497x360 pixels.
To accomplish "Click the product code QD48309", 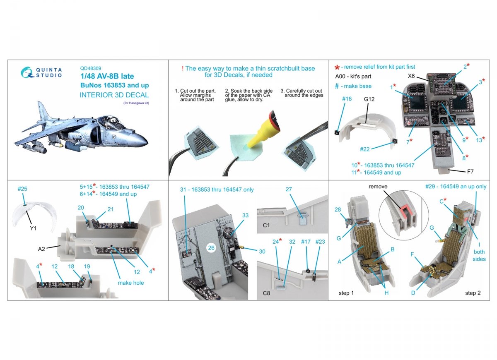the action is pyautogui.click(x=91, y=69).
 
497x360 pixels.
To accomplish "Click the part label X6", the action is pyautogui.click(x=411, y=76).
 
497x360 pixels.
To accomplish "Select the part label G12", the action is pyautogui.click(x=369, y=99).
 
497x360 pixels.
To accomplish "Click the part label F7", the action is pyautogui.click(x=470, y=172).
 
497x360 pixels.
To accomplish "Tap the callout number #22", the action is pyautogui.click(x=365, y=149).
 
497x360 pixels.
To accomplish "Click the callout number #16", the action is pyautogui.click(x=347, y=99).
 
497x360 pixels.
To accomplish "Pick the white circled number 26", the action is pyautogui.click(x=211, y=247).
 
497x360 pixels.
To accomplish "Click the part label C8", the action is pyautogui.click(x=266, y=293).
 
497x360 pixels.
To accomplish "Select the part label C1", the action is pyautogui.click(x=266, y=225).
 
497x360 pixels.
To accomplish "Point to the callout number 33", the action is pyautogui.click(x=245, y=215).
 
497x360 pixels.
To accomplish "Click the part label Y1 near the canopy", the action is pyautogui.click(x=33, y=228).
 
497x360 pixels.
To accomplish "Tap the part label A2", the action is pyautogui.click(x=41, y=249).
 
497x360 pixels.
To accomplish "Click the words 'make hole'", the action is pyautogui.click(x=131, y=283).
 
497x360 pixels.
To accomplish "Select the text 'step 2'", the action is pyautogui.click(x=473, y=293).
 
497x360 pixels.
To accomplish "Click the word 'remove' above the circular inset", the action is pyautogui.click(x=378, y=187).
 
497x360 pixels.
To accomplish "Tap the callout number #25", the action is pyautogui.click(x=22, y=189).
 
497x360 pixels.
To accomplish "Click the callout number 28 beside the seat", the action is pyautogui.click(x=338, y=209).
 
